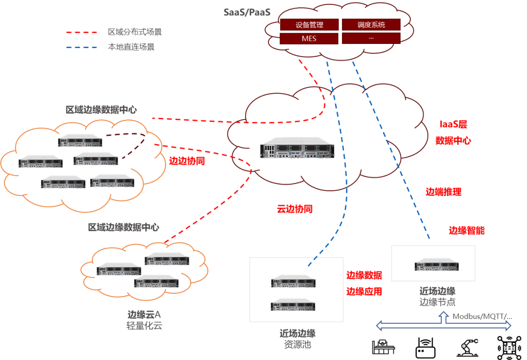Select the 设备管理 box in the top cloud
coord(309,25)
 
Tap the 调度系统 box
coord(371,25)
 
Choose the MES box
coord(309,39)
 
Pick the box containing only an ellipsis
coord(371,39)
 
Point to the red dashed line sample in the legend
coord(82,33)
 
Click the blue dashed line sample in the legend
coord(82,48)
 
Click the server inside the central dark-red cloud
coord(297,147)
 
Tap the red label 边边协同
coord(187,161)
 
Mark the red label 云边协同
coord(294,209)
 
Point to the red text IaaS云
coord(453,124)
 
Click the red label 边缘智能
coord(466,230)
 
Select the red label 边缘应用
coord(364,291)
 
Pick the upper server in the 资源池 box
coord(293,280)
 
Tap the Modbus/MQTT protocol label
coord(482,316)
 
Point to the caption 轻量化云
coord(144,326)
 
